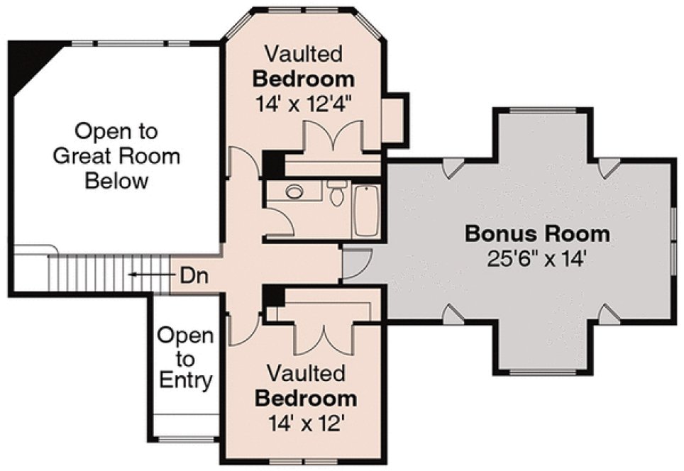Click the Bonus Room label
click(537, 233)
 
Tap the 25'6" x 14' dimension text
click(537, 259)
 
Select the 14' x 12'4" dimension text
click(304, 104)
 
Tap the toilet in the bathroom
click(336, 194)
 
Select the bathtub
click(366, 210)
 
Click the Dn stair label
click(189, 275)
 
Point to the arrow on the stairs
click(145, 275)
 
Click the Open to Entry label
click(184, 358)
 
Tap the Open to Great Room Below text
click(116, 155)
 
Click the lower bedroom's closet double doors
click(324, 339)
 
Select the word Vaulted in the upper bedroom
click(304, 53)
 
